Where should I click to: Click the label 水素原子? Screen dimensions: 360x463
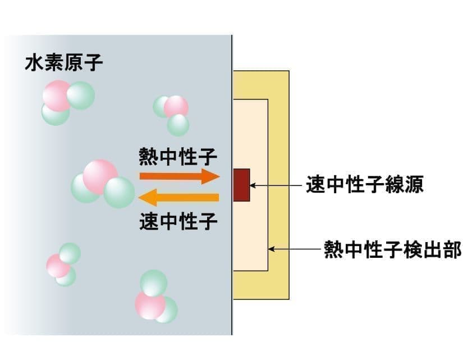[x=63, y=63]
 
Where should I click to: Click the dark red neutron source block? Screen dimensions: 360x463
[x=241, y=184]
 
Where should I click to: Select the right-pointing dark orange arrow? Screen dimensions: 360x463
[x=178, y=176]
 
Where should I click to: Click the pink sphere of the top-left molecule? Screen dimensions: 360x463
[x=56, y=94]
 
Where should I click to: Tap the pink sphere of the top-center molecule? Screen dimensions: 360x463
[x=176, y=106]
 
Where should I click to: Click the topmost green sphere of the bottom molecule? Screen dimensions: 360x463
[x=153, y=282]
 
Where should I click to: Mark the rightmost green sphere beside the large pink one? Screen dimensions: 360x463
[x=119, y=193]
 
